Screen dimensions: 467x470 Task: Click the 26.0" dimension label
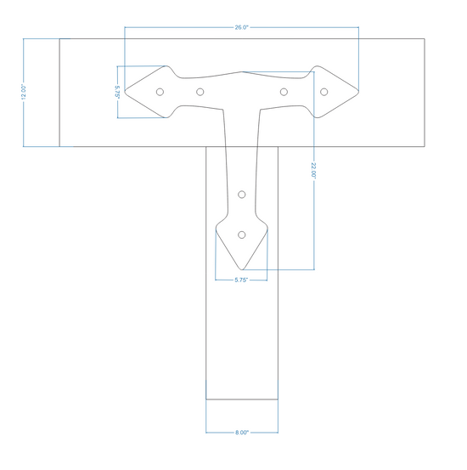[241, 27]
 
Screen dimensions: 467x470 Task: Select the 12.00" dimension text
[24, 92]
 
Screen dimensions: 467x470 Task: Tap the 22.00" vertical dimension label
[313, 170]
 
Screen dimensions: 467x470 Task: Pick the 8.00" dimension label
[242, 433]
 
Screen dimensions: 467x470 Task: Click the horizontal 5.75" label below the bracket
[241, 280]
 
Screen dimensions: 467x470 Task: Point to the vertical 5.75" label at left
[117, 92]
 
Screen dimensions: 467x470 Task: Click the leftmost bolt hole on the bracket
[160, 92]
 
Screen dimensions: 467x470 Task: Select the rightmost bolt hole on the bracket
[324, 92]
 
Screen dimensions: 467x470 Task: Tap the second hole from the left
[200, 92]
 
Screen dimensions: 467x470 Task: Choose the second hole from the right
[284, 92]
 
